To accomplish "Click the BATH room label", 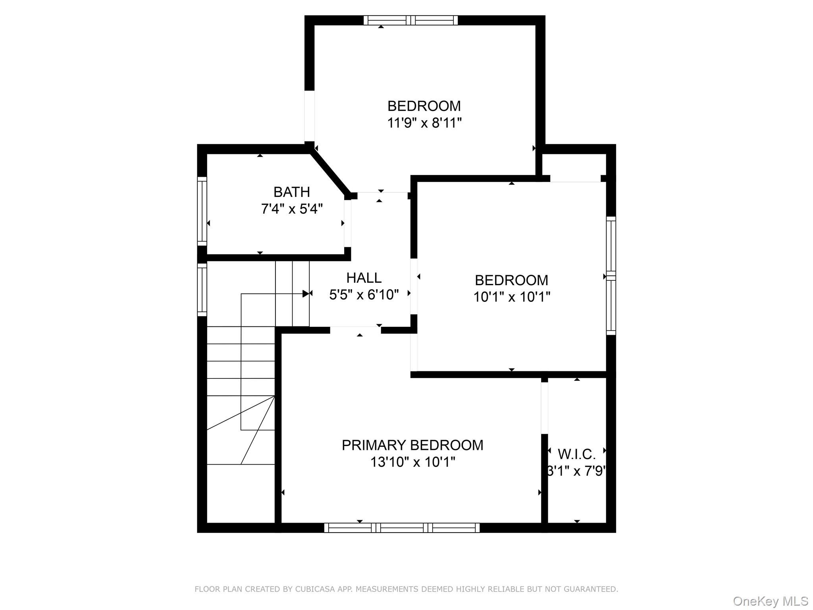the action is coord(291,192).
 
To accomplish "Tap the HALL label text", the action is coord(364,278).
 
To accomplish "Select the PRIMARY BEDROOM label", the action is coord(412,445).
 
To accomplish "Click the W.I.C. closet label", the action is coord(577,454).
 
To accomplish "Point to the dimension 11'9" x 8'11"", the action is coord(424,123).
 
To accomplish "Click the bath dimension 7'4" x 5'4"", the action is coord(292,209).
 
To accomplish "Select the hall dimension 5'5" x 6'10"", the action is coord(364,295).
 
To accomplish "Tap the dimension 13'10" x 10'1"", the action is coord(412,462).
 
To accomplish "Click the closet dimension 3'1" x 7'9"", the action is coord(577,471).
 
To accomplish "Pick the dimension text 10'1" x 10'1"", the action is coord(512,297).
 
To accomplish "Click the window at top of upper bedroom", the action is coord(411,20).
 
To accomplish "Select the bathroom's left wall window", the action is coord(202,211).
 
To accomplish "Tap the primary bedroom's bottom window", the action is coord(402,527).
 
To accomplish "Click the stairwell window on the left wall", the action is coord(202,290).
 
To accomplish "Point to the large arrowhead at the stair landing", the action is coord(306,294).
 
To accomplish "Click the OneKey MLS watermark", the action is coord(771,601).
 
